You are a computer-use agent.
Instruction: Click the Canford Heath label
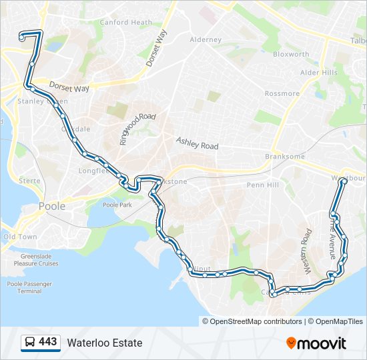coord(126,22)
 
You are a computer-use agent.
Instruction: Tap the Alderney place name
coord(206,40)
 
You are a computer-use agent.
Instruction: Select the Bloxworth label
coord(291,54)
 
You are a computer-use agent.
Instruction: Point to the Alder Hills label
coord(319,72)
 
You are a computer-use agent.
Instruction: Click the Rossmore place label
coord(282,93)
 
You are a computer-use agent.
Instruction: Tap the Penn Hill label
coord(263,185)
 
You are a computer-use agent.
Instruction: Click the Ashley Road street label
coord(197,143)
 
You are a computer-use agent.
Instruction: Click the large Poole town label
coord(52,206)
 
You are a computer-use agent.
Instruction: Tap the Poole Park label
coord(118,205)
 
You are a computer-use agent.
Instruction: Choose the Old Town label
coord(20,237)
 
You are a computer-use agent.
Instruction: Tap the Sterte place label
coord(29,181)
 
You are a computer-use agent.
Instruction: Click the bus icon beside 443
coord(30,343)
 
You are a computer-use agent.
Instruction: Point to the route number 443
coord(48,342)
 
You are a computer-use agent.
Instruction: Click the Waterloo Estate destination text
coord(104,343)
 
